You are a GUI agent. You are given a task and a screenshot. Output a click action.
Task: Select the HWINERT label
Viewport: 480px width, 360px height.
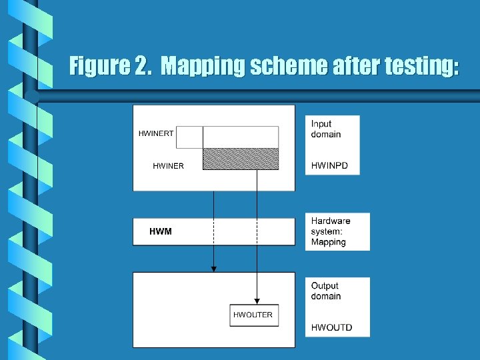click(156, 133)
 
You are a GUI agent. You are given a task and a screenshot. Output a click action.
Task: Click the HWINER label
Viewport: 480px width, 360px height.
click(168, 166)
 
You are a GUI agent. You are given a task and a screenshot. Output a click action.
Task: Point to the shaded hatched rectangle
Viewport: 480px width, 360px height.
click(240, 159)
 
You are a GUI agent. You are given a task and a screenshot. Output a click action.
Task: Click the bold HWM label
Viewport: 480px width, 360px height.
click(160, 231)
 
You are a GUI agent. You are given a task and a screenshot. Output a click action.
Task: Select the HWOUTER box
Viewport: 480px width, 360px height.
click(253, 315)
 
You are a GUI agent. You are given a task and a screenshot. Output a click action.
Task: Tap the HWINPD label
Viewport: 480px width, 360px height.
click(329, 165)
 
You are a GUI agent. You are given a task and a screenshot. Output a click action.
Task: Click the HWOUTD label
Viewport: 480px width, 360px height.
click(331, 327)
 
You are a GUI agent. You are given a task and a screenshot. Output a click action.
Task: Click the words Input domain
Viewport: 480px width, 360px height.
click(326, 129)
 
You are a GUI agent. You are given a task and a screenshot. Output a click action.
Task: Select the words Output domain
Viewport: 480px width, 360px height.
click(326, 291)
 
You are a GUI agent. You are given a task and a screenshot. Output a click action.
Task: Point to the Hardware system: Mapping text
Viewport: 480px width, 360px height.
click(331, 231)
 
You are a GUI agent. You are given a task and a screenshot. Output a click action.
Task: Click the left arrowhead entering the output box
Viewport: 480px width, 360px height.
click(214, 269)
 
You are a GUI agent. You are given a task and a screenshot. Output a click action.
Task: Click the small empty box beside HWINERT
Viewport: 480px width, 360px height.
click(189, 137)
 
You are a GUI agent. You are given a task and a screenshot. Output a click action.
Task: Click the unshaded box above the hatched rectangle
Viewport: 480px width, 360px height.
click(240, 137)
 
